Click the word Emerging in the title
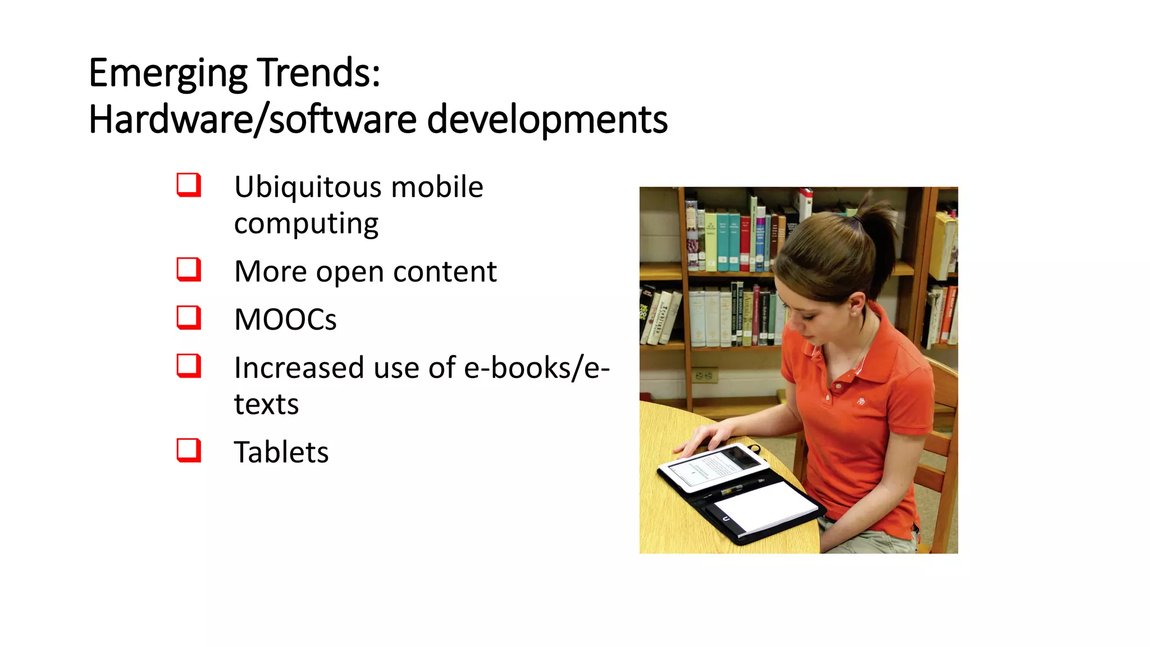168,74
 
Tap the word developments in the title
547,120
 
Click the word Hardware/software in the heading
253,120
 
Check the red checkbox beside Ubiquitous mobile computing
189,185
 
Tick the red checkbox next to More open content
189,270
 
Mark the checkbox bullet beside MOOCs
189,317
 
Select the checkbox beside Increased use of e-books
189,366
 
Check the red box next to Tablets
189,450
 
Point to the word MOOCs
285,320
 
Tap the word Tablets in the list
281,452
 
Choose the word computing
306,224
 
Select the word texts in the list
266,404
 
